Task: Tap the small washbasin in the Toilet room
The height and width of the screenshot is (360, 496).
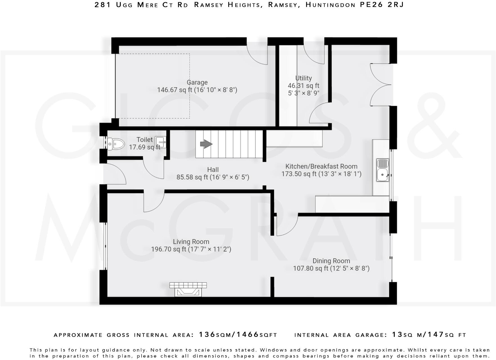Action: pyautogui.click(x=161, y=142)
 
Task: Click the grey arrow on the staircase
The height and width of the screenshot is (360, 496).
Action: pyautogui.click(x=206, y=144)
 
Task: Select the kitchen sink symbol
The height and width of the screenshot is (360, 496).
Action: pyautogui.click(x=383, y=170)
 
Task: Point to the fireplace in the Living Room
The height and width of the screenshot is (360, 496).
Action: pyautogui.click(x=188, y=290)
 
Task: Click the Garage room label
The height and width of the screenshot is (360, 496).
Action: pyautogui.click(x=197, y=82)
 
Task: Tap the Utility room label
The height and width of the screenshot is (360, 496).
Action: pyautogui.click(x=303, y=78)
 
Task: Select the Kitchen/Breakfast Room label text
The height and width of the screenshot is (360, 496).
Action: pyautogui.click(x=321, y=166)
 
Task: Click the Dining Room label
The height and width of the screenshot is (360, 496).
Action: pyautogui.click(x=331, y=261)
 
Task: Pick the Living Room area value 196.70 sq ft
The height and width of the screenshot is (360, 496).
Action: pyautogui.click(x=169, y=249)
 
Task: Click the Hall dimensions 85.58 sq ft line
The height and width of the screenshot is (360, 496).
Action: pyautogui.click(x=213, y=177)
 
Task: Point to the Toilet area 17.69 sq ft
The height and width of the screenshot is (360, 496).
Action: pyautogui.click(x=144, y=147)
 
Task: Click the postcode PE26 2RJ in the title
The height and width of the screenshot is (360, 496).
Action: pyautogui.click(x=382, y=5)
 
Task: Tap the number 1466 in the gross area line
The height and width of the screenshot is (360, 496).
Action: pyautogui.click(x=247, y=334)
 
